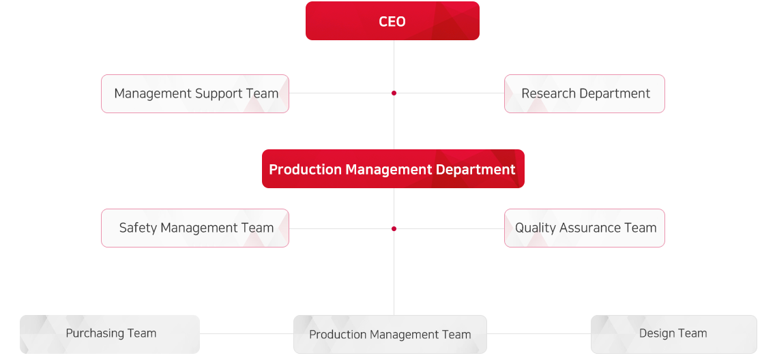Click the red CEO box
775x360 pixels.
392,20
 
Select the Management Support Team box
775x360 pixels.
194,94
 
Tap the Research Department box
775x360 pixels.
584,94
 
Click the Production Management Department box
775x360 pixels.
393,169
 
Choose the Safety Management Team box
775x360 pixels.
194,228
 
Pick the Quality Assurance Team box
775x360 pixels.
584,228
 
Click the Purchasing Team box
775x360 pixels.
110,334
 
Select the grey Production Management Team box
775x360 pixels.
390,334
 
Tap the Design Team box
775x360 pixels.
673,334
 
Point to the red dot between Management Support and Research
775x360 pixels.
394,93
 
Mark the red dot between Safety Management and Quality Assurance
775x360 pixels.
394,228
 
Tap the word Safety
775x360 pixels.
138,228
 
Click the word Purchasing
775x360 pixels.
90,334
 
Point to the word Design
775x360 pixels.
656,333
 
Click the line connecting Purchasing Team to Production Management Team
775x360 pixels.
247,334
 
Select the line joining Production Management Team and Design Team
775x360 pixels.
539,334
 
